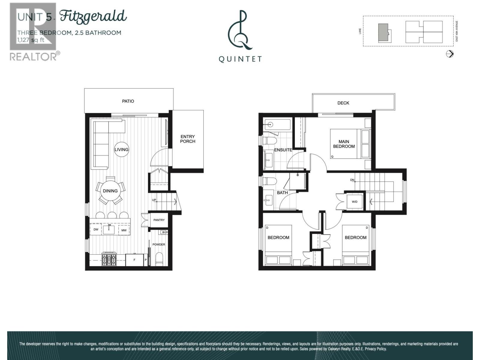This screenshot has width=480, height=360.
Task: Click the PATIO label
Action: point(128,101)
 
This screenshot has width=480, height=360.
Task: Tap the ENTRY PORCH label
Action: point(187,139)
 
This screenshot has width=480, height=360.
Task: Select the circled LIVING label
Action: point(121,149)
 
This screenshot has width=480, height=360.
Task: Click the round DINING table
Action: point(110,191)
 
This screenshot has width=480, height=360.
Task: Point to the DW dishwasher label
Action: point(96,230)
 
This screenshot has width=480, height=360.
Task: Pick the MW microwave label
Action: point(124,230)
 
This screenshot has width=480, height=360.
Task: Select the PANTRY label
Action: point(159,220)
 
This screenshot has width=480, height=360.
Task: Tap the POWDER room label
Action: point(159,244)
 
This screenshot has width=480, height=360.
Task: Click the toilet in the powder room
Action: point(159,258)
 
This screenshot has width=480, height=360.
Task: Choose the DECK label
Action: point(343,103)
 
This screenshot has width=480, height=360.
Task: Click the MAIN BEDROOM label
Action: point(344,144)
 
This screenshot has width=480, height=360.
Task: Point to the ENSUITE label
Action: point(283,150)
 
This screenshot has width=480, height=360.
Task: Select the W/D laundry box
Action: point(355,202)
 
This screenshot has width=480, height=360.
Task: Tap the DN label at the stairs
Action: point(352,180)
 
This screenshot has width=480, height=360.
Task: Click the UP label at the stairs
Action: point(154,200)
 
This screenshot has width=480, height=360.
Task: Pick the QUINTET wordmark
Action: point(240,59)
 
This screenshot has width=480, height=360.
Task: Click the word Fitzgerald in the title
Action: point(93,16)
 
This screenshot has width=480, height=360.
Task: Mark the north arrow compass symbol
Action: point(450,54)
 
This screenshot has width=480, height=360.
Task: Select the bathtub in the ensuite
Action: point(277,124)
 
